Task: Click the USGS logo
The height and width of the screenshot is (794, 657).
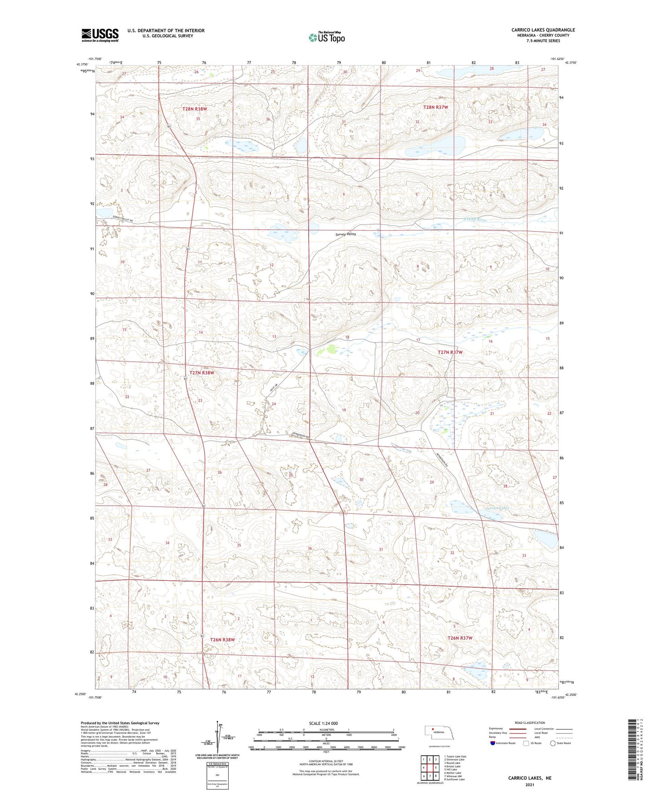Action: coord(100,35)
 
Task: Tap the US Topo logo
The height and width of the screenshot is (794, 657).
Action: coord(326,37)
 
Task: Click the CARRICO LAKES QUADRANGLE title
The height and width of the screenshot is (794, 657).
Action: coord(543,30)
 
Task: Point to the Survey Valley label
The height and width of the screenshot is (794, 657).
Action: coord(346,234)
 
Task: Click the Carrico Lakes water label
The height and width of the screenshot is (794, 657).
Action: coord(497,508)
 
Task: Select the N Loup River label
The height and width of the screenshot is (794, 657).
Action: coord(475,220)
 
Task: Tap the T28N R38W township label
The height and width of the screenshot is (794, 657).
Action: coord(195,109)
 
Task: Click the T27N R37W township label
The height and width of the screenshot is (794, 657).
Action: coord(450,352)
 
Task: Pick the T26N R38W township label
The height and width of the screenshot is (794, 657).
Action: coord(222,640)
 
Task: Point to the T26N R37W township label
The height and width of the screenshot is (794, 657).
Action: coord(460,638)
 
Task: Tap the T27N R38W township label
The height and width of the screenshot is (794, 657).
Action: coord(201,373)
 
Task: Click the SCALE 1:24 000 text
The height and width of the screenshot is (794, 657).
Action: coord(323,724)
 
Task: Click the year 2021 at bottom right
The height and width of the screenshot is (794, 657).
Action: coord(529,785)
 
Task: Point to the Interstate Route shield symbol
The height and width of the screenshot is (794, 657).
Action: coord(493,743)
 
